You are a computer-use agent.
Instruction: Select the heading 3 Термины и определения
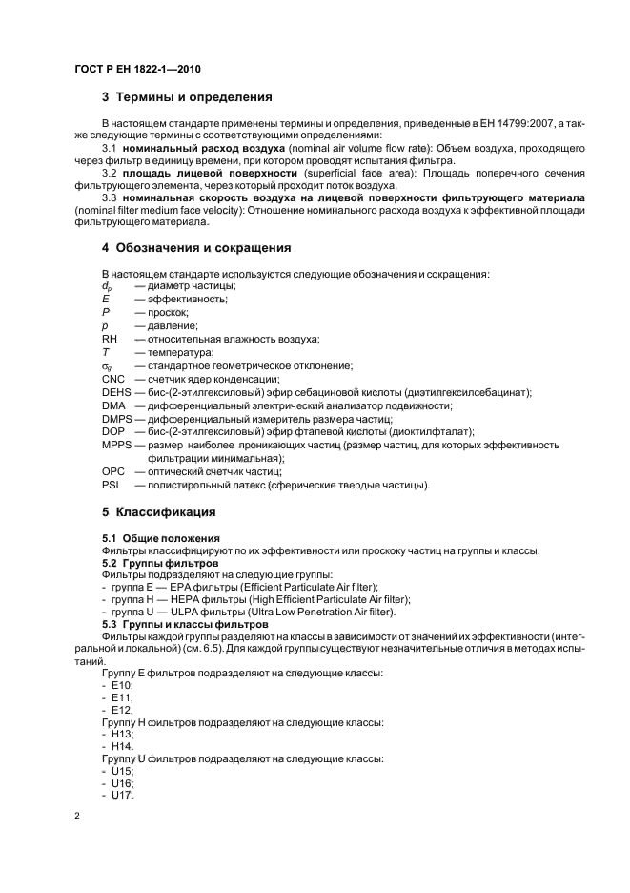187,97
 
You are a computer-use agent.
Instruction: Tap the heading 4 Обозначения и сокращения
195,248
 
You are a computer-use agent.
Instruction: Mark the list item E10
121,686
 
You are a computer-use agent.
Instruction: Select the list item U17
121,796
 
